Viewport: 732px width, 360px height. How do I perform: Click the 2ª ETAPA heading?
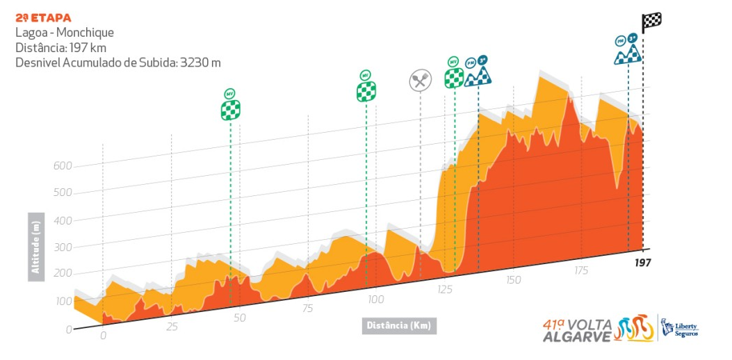pos(43,17)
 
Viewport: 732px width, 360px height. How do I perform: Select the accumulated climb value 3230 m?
pos(200,63)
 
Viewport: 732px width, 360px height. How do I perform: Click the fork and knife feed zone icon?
pos(419,81)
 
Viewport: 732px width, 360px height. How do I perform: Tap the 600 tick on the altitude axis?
pos(63,166)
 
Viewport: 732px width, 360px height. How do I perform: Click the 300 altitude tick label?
pos(63,247)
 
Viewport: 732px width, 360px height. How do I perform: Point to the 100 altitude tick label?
pos(63,301)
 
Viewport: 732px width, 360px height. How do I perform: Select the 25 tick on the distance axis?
pos(172,327)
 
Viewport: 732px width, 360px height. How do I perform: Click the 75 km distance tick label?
pos(308,309)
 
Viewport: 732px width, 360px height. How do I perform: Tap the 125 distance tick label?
pos(445,290)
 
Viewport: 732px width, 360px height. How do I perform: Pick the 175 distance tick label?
pos(581,270)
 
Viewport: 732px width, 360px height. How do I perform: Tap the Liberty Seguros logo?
pos(680,327)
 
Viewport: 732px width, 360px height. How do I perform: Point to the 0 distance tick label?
pos(103,336)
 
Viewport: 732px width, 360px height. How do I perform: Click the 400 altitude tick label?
pos(63,220)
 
